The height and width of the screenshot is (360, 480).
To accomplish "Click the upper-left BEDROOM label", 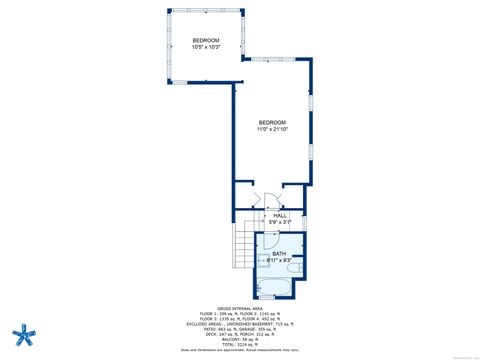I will coord(205,39).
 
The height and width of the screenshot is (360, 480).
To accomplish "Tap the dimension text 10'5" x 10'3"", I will coord(205,46).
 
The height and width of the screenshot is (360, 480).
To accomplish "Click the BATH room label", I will coord(279,254).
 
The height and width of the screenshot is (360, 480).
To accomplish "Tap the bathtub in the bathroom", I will coord(274,291).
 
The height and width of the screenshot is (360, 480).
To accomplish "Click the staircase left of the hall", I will coord(246,247).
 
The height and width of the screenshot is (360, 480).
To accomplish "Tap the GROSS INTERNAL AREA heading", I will coord(239,308).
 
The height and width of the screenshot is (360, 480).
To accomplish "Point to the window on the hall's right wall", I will coord(304,220).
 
